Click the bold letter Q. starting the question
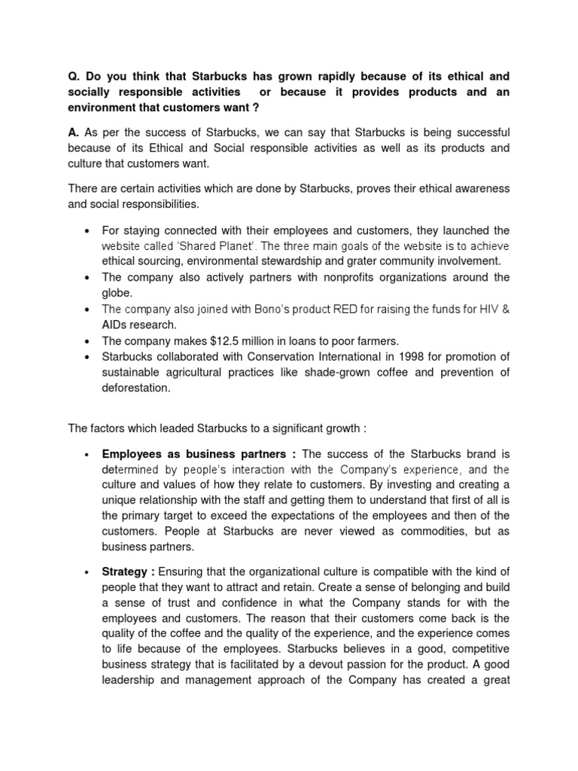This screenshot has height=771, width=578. click(x=74, y=77)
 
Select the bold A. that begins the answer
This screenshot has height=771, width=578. click(x=73, y=132)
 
